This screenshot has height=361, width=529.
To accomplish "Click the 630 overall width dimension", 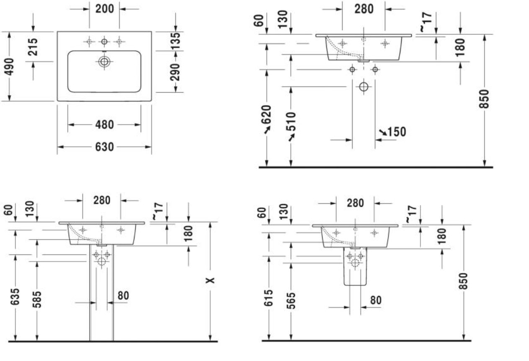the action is coord(104,147).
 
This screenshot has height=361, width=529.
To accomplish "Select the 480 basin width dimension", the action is coord(104,125).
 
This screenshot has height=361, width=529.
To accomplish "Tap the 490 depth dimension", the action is coord(10,67).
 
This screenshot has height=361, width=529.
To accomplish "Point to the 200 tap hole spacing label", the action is coord(105,9).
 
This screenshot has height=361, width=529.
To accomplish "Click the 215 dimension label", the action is coord(33,47).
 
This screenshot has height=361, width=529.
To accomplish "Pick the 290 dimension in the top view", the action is coord(175,72).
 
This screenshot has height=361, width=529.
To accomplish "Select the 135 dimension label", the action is coord(175,41).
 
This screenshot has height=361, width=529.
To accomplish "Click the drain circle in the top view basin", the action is coord(104,62).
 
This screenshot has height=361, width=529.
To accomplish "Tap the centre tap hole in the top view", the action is coord(104,42).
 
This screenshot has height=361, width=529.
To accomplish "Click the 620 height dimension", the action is coord(266,114).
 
